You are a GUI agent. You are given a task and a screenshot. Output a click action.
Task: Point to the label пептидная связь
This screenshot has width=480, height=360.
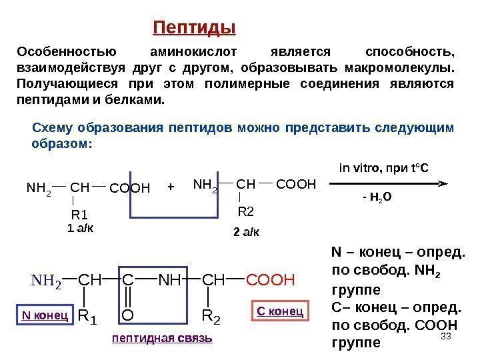[x=163, y=338]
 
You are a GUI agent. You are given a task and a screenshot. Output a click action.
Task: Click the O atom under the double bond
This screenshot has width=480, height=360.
[x=128, y=313]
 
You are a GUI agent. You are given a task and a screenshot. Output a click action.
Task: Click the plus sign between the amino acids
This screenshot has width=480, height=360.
[x=171, y=187]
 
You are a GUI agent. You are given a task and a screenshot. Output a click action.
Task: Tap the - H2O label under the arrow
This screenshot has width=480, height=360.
[x=377, y=198]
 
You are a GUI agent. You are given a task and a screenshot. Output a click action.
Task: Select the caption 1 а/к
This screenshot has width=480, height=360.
[x=81, y=228]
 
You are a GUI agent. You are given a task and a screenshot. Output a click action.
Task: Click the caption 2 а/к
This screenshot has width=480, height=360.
[x=247, y=232]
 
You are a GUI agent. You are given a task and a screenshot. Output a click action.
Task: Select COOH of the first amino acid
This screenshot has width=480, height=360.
[x=129, y=187]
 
